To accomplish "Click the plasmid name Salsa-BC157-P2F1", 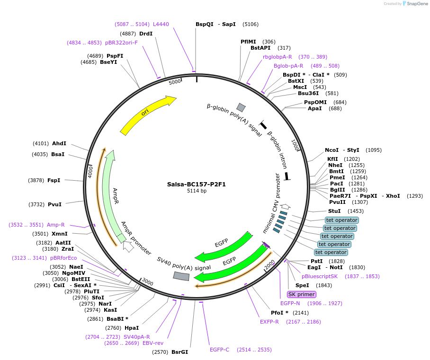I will (x=196, y=184).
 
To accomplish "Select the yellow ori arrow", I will (x=147, y=114).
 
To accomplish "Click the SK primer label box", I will (x=301, y=294).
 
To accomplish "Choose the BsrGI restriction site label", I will (x=179, y=352).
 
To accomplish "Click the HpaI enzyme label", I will (x=132, y=328).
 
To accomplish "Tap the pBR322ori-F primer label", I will (x=121, y=43).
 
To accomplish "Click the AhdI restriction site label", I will (x=59, y=143).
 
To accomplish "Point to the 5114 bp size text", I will (x=197, y=191).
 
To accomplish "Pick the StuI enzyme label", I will (x=334, y=211).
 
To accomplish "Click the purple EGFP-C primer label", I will (x=219, y=350).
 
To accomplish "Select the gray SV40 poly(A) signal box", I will (x=181, y=275).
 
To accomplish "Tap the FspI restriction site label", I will (x=54, y=180).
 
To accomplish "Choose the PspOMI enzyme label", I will (x=315, y=102).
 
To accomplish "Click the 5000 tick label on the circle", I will (x=175, y=82).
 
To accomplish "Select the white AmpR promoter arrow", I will (x=128, y=246).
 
